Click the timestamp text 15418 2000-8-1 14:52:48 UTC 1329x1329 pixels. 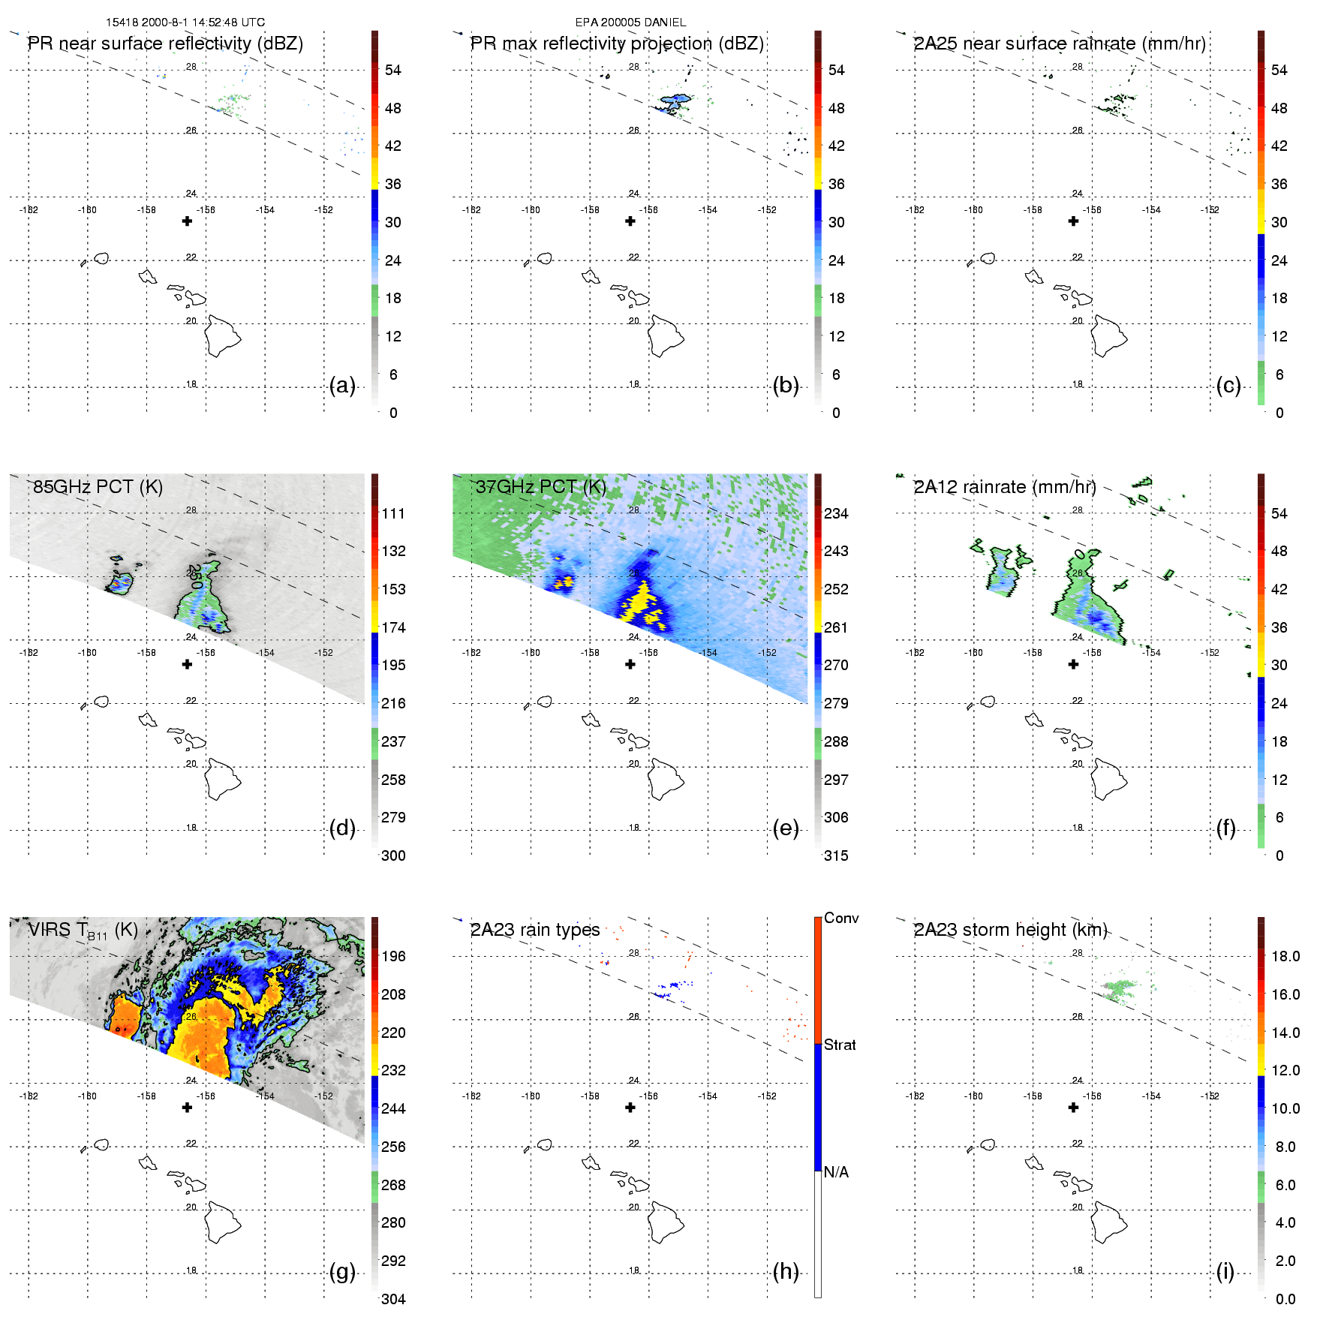click(185, 23)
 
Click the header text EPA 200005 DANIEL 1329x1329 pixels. click(630, 23)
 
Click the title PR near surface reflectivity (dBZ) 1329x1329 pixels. click(165, 44)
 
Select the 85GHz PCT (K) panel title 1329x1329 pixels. click(98, 487)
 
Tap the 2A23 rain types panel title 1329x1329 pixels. click(535, 931)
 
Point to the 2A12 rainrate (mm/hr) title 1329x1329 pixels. click(1005, 487)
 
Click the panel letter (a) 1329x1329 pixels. click(342, 386)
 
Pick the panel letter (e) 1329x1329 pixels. click(785, 828)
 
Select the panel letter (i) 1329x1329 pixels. click(1225, 1272)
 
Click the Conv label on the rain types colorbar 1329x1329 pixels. click(841, 919)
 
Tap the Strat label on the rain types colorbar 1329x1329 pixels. click(840, 1045)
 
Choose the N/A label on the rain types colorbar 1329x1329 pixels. click(836, 1172)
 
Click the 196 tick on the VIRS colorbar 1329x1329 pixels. click(393, 957)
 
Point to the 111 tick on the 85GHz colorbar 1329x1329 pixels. click(393, 514)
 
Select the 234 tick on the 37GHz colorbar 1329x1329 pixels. click(836, 514)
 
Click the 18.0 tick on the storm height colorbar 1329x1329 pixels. click(1285, 957)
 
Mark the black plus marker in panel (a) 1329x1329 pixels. click(187, 221)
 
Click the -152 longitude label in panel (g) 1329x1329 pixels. click(323, 1096)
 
